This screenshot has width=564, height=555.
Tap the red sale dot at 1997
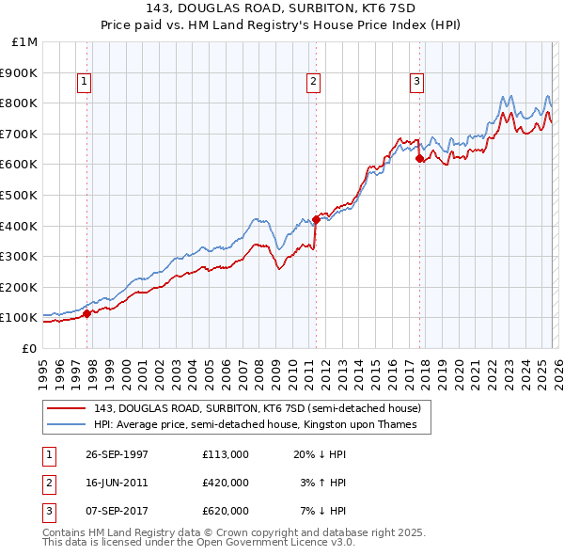tap(87, 313)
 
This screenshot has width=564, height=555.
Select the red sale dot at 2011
tap(316, 219)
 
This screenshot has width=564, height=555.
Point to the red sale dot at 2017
tap(419, 159)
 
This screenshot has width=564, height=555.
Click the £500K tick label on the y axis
tap(19, 195)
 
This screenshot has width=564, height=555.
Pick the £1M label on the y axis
tap(24, 42)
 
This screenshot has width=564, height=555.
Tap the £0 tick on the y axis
tap(30, 348)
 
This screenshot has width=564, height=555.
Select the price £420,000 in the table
tap(225, 483)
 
